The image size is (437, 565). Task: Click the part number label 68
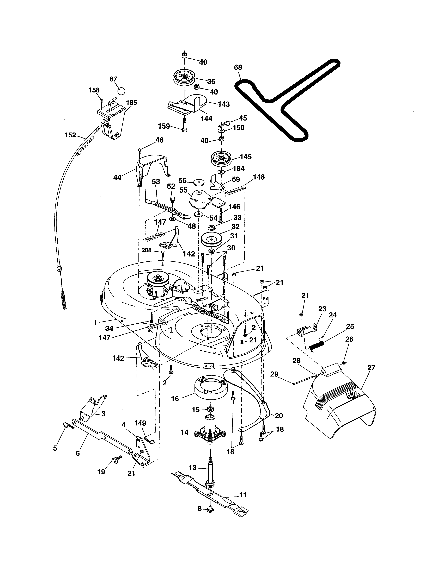(x=238, y=67)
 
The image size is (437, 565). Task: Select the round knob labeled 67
(x=121, y=91)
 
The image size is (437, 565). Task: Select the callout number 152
(x=70, y=135)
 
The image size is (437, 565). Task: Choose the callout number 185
(x=131, y=103)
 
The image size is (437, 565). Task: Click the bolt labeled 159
(x=184, y=125)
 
